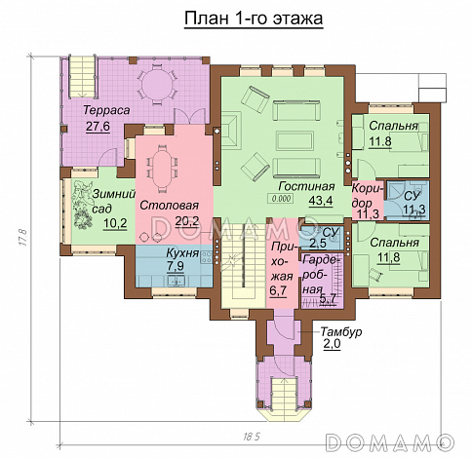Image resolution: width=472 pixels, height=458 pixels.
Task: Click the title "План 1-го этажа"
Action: pyautogui.click(x=254, y=19)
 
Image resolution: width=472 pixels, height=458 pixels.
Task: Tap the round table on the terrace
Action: pyautogui.click(x=158, y=85)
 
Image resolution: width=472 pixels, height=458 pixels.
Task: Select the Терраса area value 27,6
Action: pyautogui.click(x=98, y=127)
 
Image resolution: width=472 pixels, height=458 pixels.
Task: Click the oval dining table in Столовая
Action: pyautogui.click(x=161, y=167)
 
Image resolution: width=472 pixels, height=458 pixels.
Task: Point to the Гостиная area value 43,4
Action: pyautogui.click(x=321, y=201)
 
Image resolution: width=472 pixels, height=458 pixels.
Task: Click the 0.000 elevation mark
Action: pyautogui.click(x=281, y=198)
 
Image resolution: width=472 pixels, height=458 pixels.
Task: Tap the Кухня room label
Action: pyautogui.click(x=182, y=252)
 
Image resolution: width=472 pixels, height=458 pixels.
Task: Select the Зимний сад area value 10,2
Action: pyautogui.click(x=115, y=223)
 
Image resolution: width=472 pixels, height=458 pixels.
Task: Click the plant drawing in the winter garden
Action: pyautogui.click(x=83, y=204)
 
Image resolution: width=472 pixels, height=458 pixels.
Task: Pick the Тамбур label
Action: pyautogui.click(x=341, y=332)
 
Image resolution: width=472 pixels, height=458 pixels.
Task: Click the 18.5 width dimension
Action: pyautogui.click(x=252, y=437)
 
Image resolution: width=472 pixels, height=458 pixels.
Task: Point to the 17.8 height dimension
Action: pyautogui.click(x=22, y=238)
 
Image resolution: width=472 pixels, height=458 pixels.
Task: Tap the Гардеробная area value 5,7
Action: pyautogui.click(x=328, y=300)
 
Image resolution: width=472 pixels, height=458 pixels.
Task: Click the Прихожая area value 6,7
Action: pyautogui.click(x=278, y=290)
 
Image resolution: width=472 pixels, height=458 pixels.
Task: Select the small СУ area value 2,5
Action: pyautogui.click(x=318, y=243)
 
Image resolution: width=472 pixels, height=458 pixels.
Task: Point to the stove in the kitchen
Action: pyautogui.click(x=207, y=256)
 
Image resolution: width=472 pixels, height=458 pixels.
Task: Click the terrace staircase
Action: pyautogui.click(x=82, y=76)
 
